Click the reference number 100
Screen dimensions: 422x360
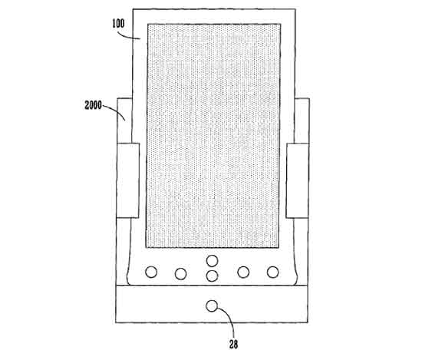coord(118,24)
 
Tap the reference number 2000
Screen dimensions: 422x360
coord(93,105)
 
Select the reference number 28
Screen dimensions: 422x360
coord(233,344)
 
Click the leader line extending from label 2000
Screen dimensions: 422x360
coord(117,110)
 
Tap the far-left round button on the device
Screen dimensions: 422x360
coord(151,272)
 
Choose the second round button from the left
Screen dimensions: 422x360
coord(180,274)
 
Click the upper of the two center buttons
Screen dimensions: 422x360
coord(212,261)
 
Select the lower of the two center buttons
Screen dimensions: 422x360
coord(212,276)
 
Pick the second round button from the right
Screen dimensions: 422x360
coord(243,272)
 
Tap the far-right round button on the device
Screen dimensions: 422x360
coord(272,272)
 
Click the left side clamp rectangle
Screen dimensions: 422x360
coord(127,180)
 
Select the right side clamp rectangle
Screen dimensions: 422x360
coord(297,180)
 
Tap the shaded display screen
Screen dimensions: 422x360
coord(213,136)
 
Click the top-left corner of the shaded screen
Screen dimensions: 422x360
coord(147,24)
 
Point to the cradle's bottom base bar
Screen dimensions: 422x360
coord(212,304)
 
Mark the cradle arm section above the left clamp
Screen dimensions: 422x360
coord(124,121)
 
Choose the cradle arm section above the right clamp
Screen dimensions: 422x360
coord(302,121)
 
